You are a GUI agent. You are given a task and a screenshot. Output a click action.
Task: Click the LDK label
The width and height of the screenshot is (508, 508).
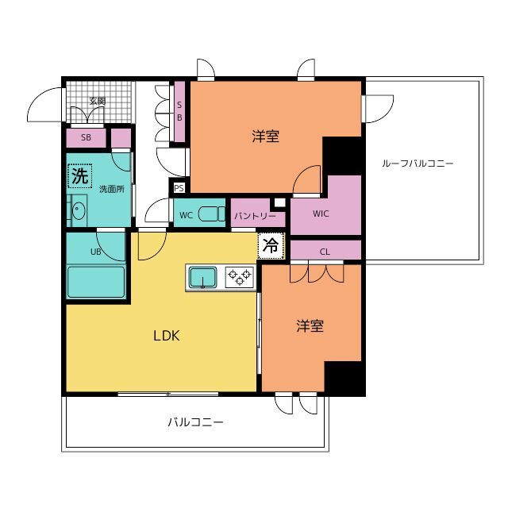click(x=167, y=336)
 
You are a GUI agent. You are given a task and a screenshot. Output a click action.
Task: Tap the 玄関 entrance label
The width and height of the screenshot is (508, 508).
click(x=97, y=101)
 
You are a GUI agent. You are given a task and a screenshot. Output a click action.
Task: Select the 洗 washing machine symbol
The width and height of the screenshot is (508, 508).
click(x=80, y=176)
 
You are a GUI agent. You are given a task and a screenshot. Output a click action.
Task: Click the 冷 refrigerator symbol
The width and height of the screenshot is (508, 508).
click(x=271, y=245)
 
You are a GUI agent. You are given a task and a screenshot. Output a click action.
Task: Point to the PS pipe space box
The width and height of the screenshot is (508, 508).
click(x=179, y=188)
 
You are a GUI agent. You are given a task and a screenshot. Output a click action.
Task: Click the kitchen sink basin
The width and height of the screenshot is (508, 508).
click(x=203, y=277)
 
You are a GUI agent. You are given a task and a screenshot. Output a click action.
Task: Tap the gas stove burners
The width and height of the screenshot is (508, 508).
click(x=240, y=277)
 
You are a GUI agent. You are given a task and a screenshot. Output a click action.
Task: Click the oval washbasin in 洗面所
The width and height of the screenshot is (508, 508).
click(x=78, y=210)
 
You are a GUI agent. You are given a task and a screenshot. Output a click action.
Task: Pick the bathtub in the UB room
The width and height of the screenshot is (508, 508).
click(x=96, y=282)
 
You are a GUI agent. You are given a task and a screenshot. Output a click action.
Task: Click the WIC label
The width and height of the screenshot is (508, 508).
click(x=321, y=214)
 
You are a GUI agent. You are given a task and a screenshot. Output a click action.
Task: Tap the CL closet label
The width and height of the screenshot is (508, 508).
click(x=325, y=252)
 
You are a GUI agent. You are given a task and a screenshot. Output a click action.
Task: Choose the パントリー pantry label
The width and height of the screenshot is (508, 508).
click(x=256, y=216)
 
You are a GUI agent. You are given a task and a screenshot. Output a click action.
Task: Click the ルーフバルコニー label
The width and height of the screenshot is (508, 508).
click(x=418, y=163)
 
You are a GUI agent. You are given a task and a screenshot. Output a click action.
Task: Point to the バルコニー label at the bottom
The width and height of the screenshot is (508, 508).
click(x=195, y=421)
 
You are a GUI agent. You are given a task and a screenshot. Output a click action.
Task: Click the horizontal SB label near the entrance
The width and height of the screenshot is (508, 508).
click(x=86, y=137)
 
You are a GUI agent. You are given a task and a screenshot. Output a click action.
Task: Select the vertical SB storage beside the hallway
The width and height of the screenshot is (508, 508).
click(x=179, y=111)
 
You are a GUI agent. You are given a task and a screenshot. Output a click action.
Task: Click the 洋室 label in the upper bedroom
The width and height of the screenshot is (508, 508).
click(x=266, y=136)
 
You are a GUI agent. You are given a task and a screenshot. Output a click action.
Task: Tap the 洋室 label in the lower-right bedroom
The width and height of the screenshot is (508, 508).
click(x=310, y=326)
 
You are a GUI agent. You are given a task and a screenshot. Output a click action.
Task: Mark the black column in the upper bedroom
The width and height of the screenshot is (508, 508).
click(x=342, y=156)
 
